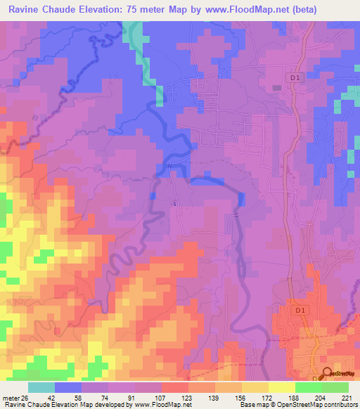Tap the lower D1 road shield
point(301,310)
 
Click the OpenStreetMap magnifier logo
point(326,375)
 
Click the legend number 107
point(160,397)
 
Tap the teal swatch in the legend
point(41,387)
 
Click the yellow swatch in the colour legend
point(281,387)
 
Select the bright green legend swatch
point(308,387)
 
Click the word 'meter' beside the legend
point(9,397)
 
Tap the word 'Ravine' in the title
point(26,10)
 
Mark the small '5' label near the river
point(175,204)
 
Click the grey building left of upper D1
point(277,87)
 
